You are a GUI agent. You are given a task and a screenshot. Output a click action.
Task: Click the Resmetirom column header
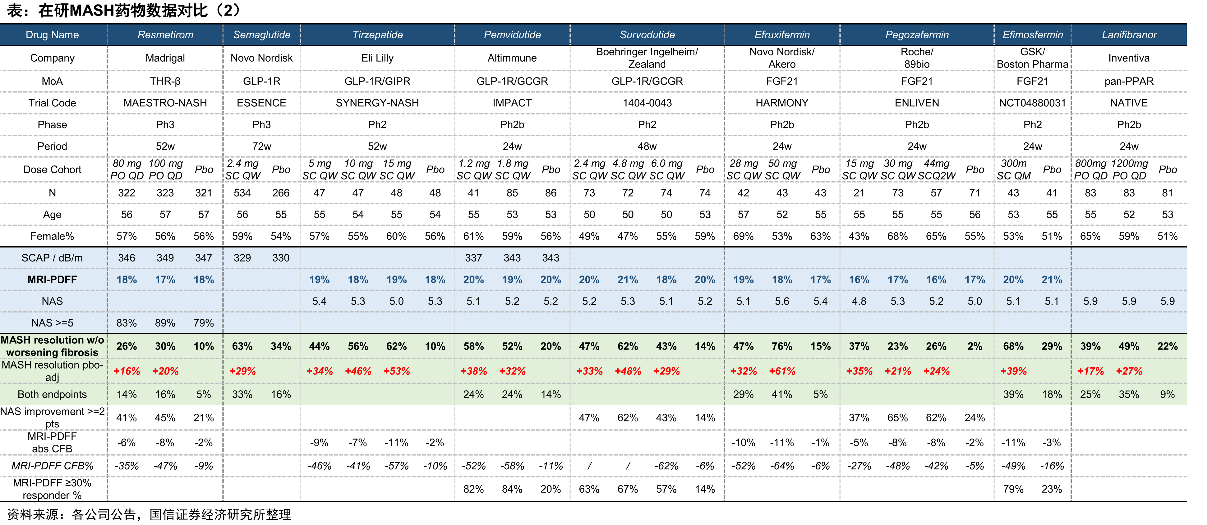coord(165,35)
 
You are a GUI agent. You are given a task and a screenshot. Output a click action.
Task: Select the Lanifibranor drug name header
coord(1129,35)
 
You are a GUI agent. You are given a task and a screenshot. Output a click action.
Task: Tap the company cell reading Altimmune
coord(512,58)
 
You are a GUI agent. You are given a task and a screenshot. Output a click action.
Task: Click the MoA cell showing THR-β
coord(165,81)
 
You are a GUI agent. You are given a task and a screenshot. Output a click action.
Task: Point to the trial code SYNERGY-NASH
coord(377,103)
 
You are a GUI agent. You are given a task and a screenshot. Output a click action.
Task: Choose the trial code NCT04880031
coord(1033,103)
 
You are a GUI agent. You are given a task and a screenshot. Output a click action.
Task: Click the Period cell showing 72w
coord(261,146)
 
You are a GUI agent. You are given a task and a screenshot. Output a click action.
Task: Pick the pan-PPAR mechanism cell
coord(1129,81)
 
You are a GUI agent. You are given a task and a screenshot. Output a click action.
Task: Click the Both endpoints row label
coord(52,394)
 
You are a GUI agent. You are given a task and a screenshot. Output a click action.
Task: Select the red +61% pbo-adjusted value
coord(782,371)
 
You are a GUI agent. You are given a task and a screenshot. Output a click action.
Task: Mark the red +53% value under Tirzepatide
coord(396,371)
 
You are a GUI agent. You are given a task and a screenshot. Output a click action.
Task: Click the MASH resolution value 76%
coord(782,346)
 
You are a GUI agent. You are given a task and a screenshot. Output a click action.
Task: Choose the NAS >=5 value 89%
coord(165,323)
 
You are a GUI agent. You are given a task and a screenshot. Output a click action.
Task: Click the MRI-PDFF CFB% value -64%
coord(782,466)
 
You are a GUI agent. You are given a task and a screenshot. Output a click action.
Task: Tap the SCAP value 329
coord(242,258)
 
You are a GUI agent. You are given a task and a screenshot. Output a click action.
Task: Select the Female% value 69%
coord(743,236)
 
